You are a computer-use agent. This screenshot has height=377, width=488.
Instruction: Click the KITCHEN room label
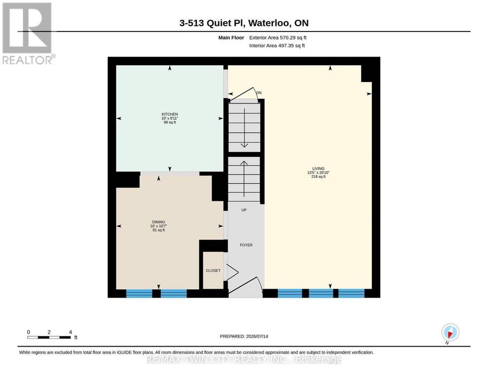[170, 114]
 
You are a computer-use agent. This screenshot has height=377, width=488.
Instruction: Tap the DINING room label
[159, 222]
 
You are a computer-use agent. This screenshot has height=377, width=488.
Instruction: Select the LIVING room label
[318, 168]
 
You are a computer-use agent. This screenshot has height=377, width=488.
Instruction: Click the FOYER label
[246, 245]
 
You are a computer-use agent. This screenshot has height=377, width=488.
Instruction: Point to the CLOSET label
[213, 271]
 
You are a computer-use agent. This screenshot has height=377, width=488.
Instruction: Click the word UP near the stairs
[244, 210]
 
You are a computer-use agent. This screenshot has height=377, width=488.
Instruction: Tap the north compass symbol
[450, 333]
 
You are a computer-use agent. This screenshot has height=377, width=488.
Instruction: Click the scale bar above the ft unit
[49, 337]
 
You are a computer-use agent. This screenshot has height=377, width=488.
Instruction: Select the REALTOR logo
[28, 33]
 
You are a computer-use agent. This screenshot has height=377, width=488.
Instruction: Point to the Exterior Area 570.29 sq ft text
[278, 37]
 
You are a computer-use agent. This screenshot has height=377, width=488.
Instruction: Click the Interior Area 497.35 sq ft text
[277, 46]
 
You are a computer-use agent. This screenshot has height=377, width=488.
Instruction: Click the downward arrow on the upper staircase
[245, 127]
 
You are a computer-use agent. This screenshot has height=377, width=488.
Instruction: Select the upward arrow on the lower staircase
[244, 178]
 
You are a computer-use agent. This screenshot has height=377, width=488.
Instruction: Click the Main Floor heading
[231, 37]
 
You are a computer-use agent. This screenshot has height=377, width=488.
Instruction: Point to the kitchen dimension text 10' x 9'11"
[170, 118]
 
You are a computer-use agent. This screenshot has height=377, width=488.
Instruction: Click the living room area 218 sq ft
[318, 176]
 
